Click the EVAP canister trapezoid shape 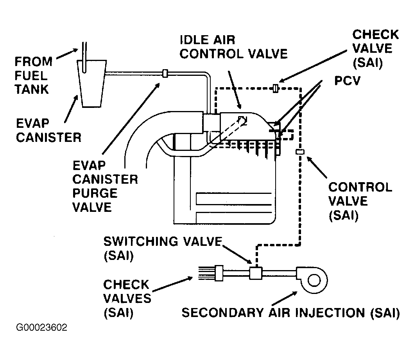point(93,84)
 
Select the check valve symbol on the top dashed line point(276,88)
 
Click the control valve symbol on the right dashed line point(300,152)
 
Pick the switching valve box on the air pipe point(255,272)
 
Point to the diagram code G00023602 point(42,327)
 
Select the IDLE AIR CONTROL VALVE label point(233,47)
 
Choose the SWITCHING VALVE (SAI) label point(162,248)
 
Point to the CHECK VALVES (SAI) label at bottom point(127,298)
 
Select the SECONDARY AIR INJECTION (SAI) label point(290,313)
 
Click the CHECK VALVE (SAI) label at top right point(375,48)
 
